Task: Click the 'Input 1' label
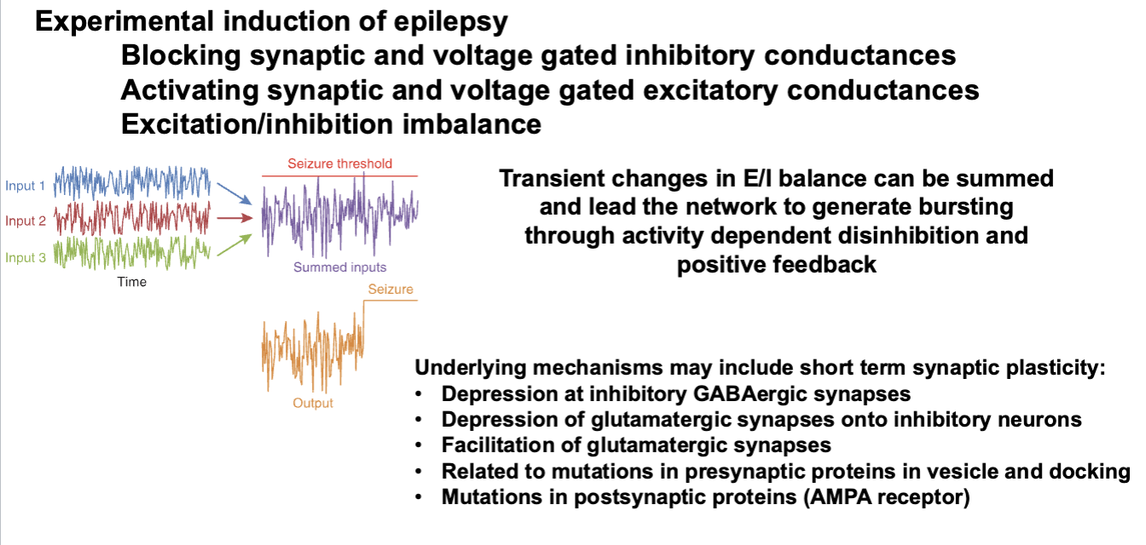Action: pyautogui.click(x=23, y=186)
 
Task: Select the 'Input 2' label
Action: pyautogui.click(x=23, y=221)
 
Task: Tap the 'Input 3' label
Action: pyautogui.click(x=23, y=257)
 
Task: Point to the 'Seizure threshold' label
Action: pyautogui.click(x=339, y=163)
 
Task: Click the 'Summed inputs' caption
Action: pyautogui.click(x=339, y=267)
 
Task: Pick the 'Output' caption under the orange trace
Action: pyautogui.click(x=313, y=403)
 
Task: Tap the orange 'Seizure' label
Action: pyautogui.click(x=391, y=290)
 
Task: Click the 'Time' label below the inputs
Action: pyautogui.click(x=131, y=282)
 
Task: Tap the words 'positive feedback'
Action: pyautogui.click(x=776, y=264)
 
